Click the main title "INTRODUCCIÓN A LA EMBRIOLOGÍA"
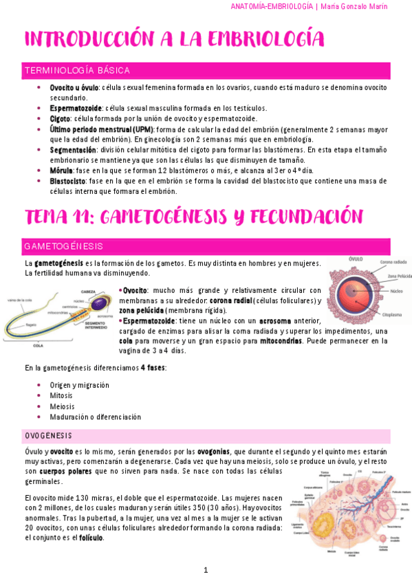pos(173,38)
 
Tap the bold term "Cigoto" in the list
pos(60,118)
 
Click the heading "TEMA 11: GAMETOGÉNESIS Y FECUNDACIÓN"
pos(193,217)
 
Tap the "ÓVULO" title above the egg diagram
pos(356,259)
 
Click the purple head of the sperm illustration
pos(100,302)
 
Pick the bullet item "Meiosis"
pos(61,406)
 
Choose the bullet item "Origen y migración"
pos(80,385)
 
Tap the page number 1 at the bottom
pos(206,570)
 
